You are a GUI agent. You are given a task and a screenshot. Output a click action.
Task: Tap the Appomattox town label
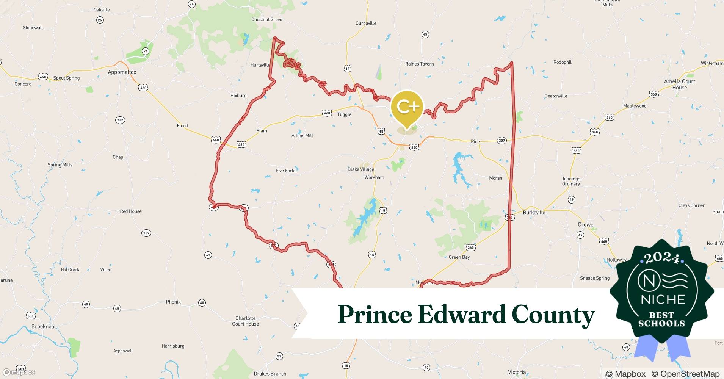click(x=122, y=72)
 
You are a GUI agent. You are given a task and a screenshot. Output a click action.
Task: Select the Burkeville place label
click(x=534, y=213)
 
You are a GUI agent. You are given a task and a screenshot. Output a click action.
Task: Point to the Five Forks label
click(x=286, y=171)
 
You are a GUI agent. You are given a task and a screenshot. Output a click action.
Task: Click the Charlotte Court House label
click(x=245, y=321)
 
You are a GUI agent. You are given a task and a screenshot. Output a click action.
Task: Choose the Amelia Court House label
click(x=679, y=84)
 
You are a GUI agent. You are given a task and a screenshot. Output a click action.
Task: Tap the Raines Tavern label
click(x=419, y=64)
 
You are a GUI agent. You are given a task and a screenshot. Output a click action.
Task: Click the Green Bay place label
click(x=459, y=257)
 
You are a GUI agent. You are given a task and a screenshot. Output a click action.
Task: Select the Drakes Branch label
click(x=270, y=374)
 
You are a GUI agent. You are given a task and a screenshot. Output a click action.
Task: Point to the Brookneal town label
click(x=44, y=327)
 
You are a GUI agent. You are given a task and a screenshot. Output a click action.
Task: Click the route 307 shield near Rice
click(x=502, y=141)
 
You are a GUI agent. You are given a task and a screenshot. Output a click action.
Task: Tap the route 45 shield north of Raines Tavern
click(x=425, y=34)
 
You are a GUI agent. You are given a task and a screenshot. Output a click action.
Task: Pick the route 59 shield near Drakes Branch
click(x=279, y=356)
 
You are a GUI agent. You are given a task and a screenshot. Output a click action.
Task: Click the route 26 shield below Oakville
click(x=100, y=20)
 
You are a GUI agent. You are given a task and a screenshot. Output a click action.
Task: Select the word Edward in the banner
click(x=461, y=314)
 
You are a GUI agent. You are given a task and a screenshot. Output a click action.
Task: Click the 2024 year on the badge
click(x=662, y=258)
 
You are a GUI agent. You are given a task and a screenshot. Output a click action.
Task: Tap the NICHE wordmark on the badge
click(x=663, y=299)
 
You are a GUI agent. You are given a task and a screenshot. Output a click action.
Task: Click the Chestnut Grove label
click(x=266, y=20)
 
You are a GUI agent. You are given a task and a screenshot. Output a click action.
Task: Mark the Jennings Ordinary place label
click(x=571, y=181)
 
